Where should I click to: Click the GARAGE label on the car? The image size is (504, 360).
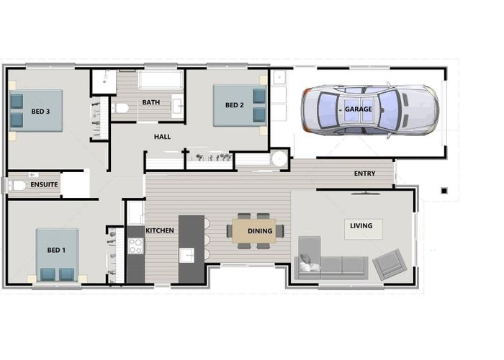coord(358,109)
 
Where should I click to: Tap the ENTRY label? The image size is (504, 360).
coord(364,174)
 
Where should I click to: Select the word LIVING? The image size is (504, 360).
coord(361,226)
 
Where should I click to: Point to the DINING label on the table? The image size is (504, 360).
coord(260,231)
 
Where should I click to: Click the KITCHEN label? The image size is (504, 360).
coord(160,230)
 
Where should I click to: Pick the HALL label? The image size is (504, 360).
coord(162,137)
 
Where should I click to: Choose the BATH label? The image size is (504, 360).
coord(151,102)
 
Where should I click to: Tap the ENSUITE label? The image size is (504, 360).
coord(44,184)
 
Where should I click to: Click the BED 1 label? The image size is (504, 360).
coord(56,250)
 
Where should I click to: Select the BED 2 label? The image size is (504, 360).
coord(234,105)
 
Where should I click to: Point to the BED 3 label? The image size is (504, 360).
coord(40,112)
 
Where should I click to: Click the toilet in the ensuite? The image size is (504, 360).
coord(17,186)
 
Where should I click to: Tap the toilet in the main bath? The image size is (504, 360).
coord(120,108)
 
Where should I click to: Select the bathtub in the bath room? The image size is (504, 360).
coord(161,80)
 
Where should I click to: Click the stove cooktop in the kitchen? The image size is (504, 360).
coord(135,246)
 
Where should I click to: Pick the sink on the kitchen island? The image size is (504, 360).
coord(186,255)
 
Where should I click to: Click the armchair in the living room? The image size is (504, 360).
coord(390,264)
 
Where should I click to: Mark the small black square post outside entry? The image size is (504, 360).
coord(444,191)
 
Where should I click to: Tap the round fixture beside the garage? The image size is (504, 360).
coord(279,159)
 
